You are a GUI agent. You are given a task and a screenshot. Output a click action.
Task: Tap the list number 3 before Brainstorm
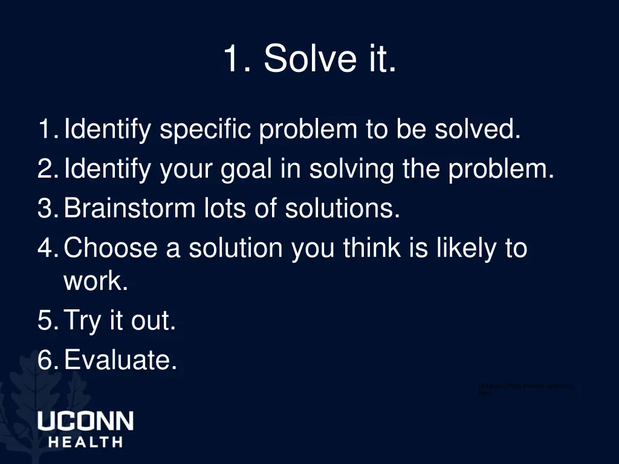pos(45,209)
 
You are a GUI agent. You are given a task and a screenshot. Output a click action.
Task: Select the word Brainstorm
pos(128,209)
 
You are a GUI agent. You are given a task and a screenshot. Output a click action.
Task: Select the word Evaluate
pos(120,361)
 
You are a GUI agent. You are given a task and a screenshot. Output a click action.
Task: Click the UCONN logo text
pos(85,421)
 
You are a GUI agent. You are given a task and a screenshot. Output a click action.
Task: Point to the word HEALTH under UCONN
pos(85,442)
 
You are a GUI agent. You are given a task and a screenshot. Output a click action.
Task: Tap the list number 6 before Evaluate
pos(45,361)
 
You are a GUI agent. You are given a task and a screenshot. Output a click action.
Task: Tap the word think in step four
pos(371,248)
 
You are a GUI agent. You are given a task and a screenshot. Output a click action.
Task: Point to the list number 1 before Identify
pos(45,129)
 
